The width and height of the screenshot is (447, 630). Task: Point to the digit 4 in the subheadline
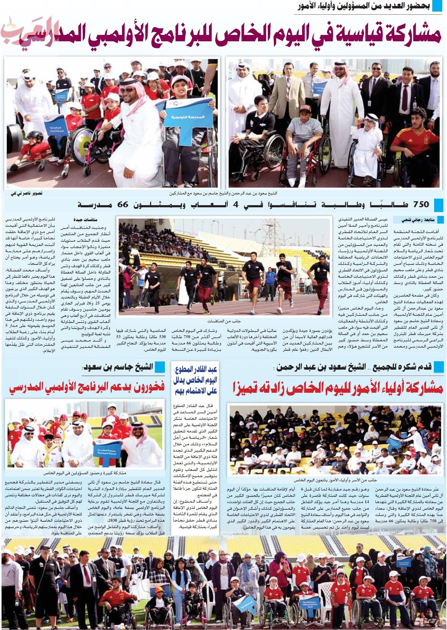point(236,204)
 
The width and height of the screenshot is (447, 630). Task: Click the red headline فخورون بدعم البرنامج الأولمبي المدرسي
point(87,388)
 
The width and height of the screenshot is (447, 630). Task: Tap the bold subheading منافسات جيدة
point(85,220)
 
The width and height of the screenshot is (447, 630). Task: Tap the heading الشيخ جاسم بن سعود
point(117,366)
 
